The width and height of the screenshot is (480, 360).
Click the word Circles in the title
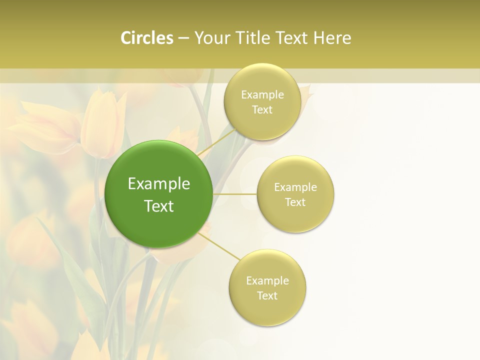coord(146,38)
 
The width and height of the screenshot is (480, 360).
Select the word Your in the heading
coord(210,38)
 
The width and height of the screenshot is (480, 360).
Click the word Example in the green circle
coord(159,184)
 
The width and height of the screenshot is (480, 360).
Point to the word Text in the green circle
coord(159,206)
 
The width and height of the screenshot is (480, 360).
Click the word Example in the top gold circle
coord(262,95)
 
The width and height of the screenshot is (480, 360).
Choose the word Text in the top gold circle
coord(262,110)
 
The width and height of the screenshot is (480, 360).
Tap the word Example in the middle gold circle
coord(295,187)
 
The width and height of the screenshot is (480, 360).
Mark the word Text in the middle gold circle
coord(295,202)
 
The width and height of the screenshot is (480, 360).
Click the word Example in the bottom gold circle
coord(267,280)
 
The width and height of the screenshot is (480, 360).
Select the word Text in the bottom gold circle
coord(267,295)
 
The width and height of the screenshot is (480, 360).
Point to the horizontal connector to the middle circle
coord(235,194)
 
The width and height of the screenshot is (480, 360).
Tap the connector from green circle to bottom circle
coord(220,246)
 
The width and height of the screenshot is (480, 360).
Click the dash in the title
coord(183,38)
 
